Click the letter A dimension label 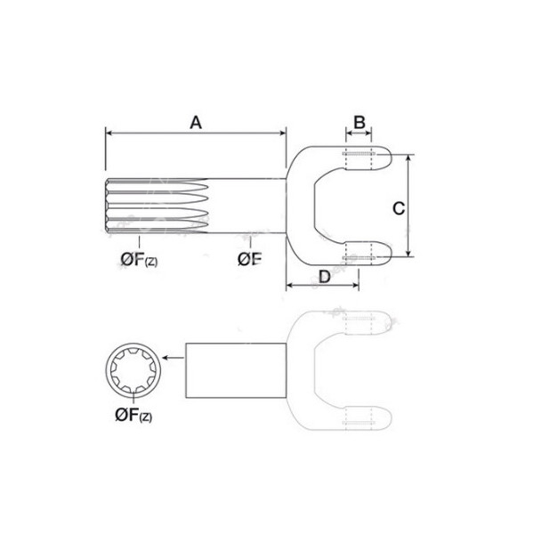(x=195, y=123)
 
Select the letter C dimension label (x=400, y=207)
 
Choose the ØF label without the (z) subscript (x=250, y=259)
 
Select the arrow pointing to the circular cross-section (x=174, y=357)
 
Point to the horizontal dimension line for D (x=322, y=287)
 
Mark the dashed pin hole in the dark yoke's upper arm (x=358, y=158)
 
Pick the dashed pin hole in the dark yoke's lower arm (x=358, y=255)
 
